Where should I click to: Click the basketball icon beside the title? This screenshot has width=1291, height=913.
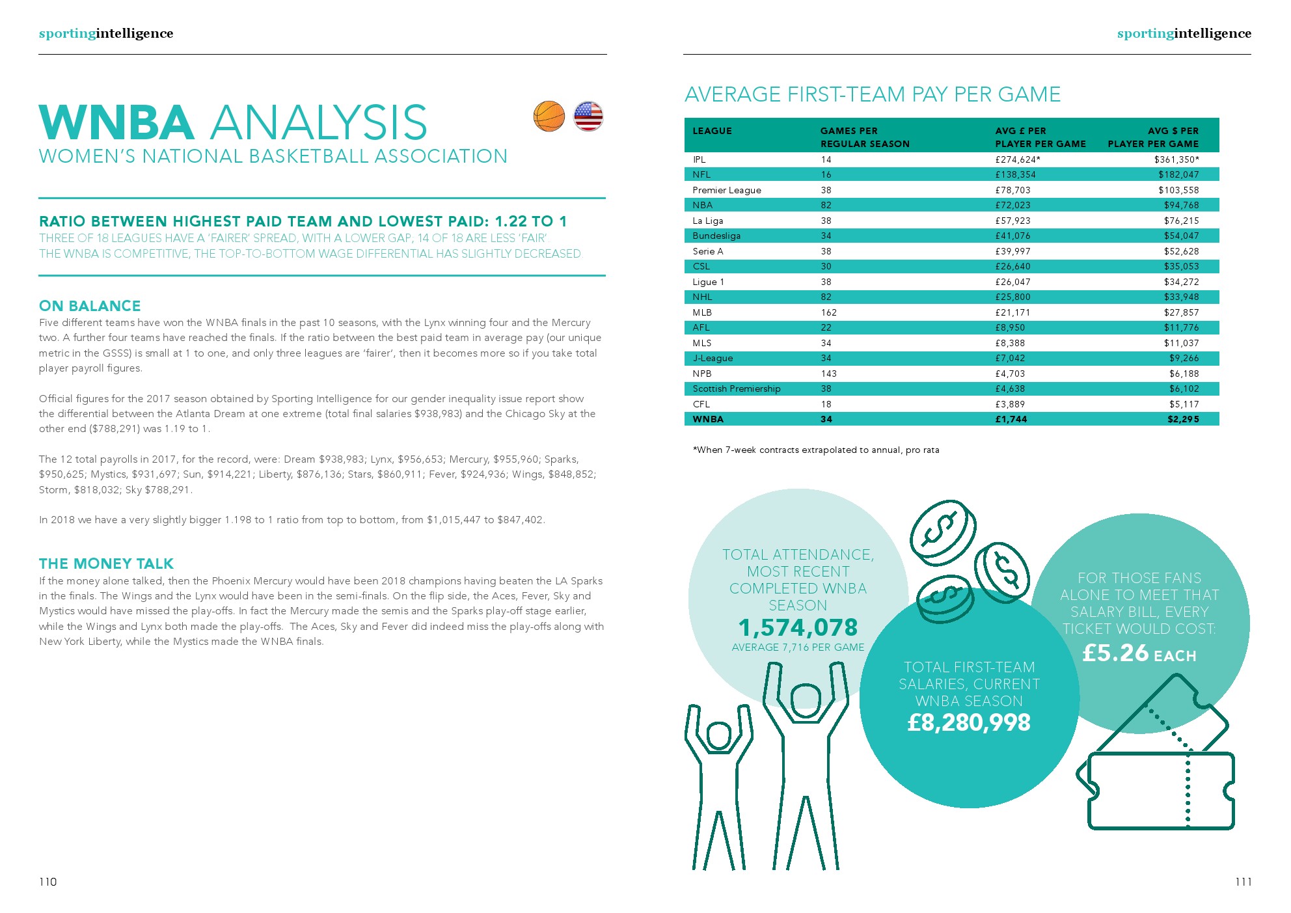549,116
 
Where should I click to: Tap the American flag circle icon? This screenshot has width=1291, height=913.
588,116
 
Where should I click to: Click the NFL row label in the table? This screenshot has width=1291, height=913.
701,174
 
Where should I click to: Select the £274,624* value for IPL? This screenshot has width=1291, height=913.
1018,159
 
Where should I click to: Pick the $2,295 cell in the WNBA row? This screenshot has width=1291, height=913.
1183,419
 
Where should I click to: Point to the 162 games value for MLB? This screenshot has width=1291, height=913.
828,312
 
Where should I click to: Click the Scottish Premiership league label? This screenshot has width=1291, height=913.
736,388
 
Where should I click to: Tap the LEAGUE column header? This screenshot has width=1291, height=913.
712,131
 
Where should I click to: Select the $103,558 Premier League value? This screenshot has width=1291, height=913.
1178,190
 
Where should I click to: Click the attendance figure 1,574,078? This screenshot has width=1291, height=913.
798,627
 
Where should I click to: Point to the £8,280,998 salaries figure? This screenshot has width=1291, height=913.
969,722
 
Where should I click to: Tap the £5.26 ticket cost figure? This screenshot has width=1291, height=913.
1115,653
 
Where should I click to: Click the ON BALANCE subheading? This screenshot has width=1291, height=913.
90,306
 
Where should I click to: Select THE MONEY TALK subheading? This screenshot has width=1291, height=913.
106,564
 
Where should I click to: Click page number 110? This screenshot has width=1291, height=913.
48,882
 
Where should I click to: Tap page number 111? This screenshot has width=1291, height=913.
1243,882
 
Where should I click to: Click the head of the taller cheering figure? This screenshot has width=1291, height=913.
806,701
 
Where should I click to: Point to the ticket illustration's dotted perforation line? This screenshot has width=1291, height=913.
1188,787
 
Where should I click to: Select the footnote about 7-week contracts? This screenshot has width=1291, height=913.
816,450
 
